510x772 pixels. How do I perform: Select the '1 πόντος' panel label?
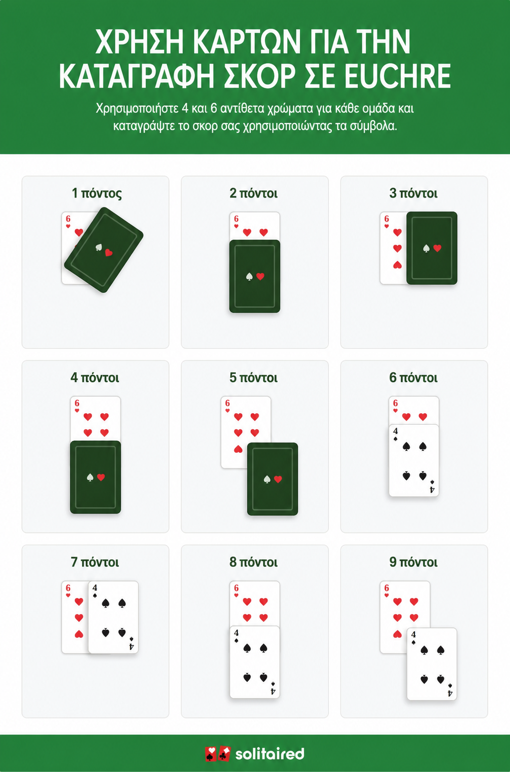[x=97, y=193]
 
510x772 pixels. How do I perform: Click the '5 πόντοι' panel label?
[x=253, y=378]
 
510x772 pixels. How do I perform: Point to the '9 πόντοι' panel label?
[x=413, y=562]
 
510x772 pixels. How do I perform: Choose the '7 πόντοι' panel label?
[x=95, y=562]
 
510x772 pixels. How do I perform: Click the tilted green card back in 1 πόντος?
[x=104, y=250]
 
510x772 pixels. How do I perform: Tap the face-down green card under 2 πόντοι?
[x=255, y=276]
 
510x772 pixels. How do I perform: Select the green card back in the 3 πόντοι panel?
[x=432, y=248]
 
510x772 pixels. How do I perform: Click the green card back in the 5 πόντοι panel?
[x=272, y=479]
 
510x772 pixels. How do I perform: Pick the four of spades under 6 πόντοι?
[x=414, y=460]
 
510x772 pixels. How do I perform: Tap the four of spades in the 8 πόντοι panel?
[x=255, y=662]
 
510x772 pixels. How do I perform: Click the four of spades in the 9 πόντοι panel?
[x=432, y=664]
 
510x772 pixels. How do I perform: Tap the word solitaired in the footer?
[x=270, y=753]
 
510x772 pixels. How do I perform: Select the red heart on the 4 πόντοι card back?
[x=101, y=477]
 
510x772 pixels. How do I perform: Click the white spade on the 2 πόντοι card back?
[x=249, y=276]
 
